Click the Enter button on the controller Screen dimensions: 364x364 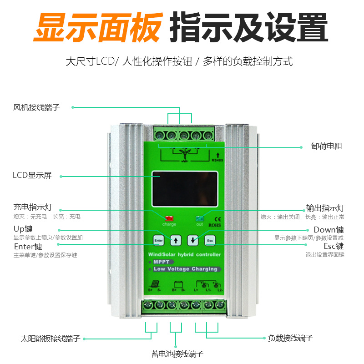coord(158,240)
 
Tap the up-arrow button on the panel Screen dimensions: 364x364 coord(176,240)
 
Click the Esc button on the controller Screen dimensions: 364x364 coord(210,240)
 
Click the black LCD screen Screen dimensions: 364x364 coord(184,189)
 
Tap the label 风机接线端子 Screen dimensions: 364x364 coord(36,107)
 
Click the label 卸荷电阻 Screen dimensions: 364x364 coord(327,147)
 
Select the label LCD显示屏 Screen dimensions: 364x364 coord(32,176)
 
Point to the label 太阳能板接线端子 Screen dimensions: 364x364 coord(51,339)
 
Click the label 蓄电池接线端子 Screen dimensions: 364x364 coord(177,354)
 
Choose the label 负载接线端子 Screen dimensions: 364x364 coord(290,338)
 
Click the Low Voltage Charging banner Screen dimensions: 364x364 coord(185,269)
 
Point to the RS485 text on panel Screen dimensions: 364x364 coord(218,160)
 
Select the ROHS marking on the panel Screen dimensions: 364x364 coord(214,224)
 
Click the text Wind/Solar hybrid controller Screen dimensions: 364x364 coord(184,254)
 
